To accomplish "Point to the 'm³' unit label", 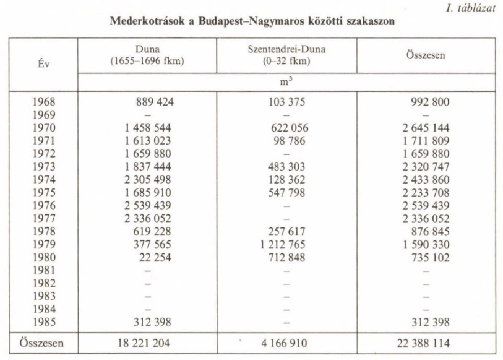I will click(286, 82).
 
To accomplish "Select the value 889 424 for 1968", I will click(155, 103).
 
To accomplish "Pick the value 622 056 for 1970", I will click(290, 128).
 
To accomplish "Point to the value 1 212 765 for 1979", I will click(283, 245).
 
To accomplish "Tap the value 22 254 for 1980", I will click(155, 257).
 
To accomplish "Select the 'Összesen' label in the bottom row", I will click(41, 343).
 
